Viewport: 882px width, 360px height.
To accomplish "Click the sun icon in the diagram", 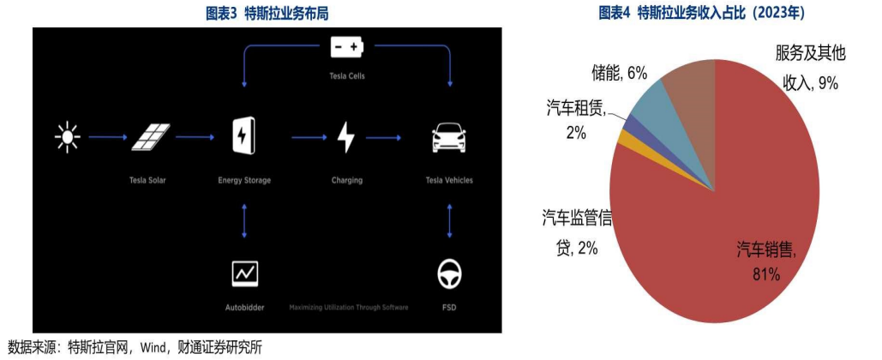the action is click(x=67, y=136).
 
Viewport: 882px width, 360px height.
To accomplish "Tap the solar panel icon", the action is click(x=150, y=136).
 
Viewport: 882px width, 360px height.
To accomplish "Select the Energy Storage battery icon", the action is click(x=244, y=135).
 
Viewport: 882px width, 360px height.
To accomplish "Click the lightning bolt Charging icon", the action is click(x=346, y=136).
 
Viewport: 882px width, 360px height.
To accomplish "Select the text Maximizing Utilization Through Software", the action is click(x=348, y=307).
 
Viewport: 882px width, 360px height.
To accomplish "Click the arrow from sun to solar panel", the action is click(x=107, y=136).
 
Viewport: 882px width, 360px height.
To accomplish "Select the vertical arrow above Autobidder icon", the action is click(x=244, y=221).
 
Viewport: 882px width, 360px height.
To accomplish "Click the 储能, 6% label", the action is click(x=619, y=74).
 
